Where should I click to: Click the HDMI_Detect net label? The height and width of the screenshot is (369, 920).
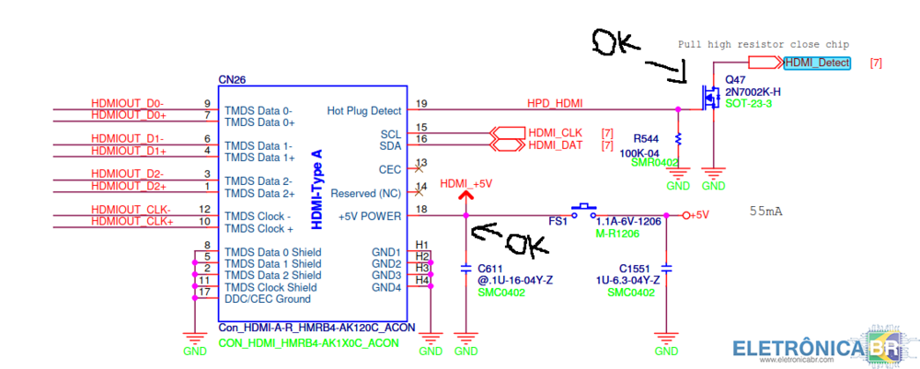[x=817, y=63]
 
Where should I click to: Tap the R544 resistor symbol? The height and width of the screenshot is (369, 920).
[x=678, y=138]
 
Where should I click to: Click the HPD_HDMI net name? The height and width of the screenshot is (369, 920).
[x=555, y=103]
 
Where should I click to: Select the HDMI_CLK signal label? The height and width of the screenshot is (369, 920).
[x=555, y=133]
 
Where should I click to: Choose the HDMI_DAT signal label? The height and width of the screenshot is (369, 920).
[x=555, y=144]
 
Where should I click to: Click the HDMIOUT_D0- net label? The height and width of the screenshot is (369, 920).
[x=127, y=103]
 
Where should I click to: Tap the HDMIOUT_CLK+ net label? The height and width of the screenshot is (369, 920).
[x=132, y=221]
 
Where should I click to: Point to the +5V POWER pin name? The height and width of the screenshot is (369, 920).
[x=371, y=216]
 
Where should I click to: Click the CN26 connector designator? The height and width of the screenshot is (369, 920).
[x=232, y=81]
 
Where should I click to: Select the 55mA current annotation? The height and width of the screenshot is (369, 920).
[x=766, y=212]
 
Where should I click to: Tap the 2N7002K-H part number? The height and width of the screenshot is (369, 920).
[x=753, y=92]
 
